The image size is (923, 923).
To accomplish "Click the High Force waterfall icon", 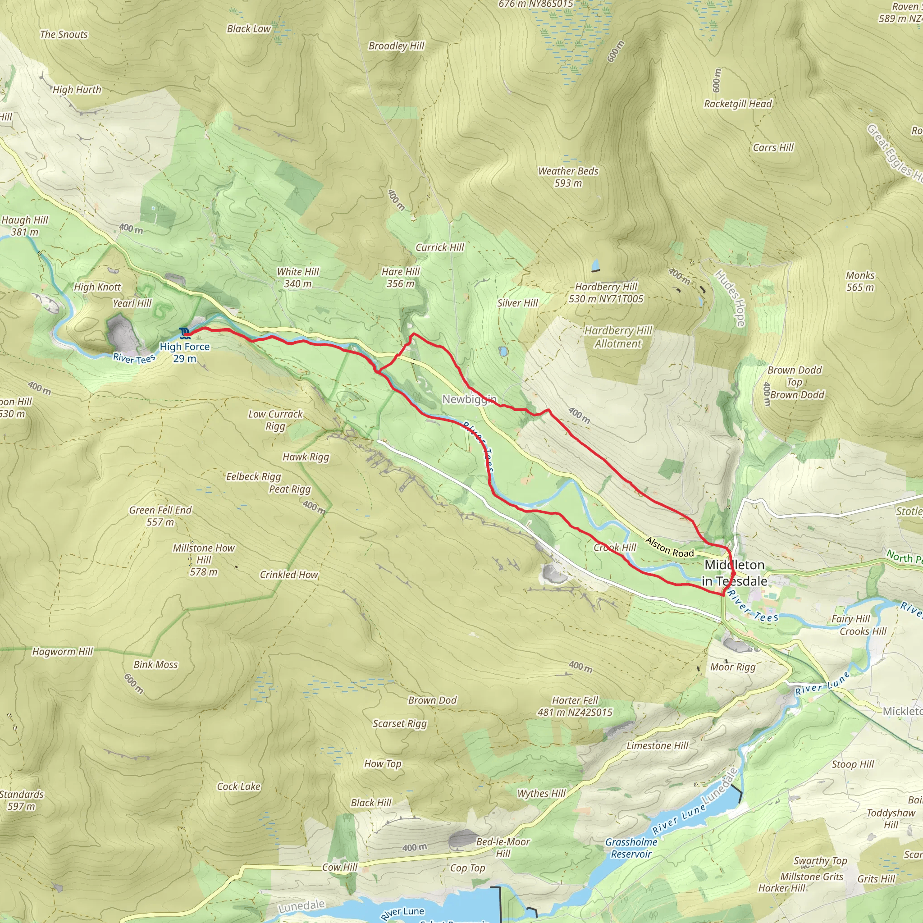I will pyautogui.click(x=184, y=333).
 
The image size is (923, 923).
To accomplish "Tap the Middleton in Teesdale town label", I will pyautogui.click(x=734, y=573).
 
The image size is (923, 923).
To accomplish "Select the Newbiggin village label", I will pyautogui.click(x=469, y=399).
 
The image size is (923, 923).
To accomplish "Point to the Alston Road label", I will pyautogui.click(x=669, y=548).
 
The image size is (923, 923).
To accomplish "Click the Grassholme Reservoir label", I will pyautogui.click(x=631, y=848).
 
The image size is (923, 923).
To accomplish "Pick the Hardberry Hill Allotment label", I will pyautogui.click(x=618, y=337).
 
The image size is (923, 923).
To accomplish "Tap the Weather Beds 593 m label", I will pyautogui.click(x=568, y=177).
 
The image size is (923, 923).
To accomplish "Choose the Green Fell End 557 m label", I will pyautogui.click(x=160, y=516).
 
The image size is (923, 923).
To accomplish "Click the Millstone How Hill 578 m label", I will pyautogui.click(x=204, y=559).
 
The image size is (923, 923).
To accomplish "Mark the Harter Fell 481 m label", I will pyautogui.click(x=575, y=706).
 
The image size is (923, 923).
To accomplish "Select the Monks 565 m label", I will pyautogui.click(x=860, y=281).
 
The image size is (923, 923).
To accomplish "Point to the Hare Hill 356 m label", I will pyautogui.click(x=400, y=277).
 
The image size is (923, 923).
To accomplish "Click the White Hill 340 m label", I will pyautogui.click(x=297, y=277).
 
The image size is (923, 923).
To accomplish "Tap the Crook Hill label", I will pyautogui.click(x=615, y=548).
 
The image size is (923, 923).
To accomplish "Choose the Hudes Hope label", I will pyautogui.click(x=730, y=298).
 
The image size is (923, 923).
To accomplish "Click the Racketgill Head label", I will pyautogui.click(x=738, y=104).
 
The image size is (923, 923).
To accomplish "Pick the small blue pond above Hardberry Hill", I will pyautogui.click(x=595, y=264).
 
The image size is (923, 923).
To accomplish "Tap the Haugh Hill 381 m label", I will pyautogui.click(x=25, y=225).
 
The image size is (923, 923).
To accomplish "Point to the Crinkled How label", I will pyautogui.click(x=288, y=575).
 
